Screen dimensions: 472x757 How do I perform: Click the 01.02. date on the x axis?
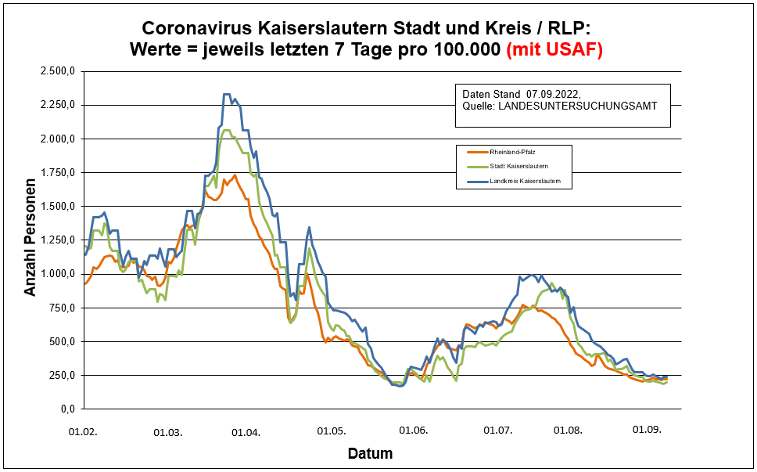tap(84, 431)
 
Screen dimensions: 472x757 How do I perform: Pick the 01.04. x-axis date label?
tap(247, 431)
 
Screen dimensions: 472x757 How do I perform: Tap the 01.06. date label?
tap(413, 431)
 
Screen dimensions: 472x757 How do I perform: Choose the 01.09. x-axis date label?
tap(648, 430)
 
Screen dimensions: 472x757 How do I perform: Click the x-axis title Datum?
tap(370, 454)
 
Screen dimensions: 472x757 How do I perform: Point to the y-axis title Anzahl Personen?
tap(30, 240)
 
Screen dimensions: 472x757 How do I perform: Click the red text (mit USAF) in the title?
tap(554, 50)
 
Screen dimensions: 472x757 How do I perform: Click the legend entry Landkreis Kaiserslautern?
tap(526, 182)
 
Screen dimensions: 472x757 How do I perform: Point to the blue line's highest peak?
tap(227, 95)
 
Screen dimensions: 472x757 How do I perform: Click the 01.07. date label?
tap(497, 431)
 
